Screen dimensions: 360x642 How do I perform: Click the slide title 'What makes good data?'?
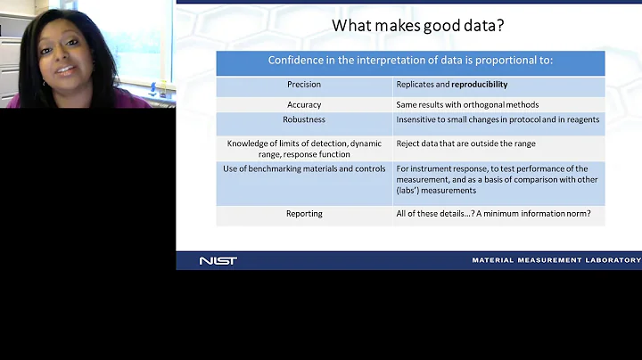417,25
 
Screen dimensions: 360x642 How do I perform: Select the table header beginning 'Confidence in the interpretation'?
410,61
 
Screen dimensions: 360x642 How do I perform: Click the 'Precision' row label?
304,85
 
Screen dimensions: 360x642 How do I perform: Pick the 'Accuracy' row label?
304,104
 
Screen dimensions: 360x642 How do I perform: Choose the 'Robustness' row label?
304,119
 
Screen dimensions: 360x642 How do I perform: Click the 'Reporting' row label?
304,214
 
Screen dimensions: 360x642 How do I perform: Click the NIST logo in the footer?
218,260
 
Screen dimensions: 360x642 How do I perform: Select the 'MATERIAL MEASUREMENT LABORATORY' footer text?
556,260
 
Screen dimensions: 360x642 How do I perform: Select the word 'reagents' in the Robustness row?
580,119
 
